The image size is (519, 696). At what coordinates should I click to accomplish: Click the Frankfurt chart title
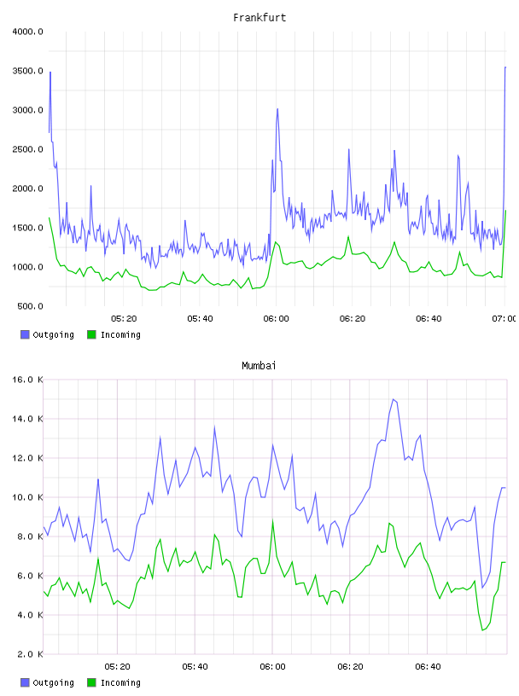[x=259, y=18]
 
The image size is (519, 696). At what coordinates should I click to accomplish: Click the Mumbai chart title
[x=259, y=366]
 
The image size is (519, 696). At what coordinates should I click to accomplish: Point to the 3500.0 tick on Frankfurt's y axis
[x=27, y=71]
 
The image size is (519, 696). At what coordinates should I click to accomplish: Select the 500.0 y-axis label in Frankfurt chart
[x=30, y=306]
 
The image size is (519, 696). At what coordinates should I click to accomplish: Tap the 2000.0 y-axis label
[x=27, y=188]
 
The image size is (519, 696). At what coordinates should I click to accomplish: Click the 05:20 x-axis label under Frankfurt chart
[x=124, y=319]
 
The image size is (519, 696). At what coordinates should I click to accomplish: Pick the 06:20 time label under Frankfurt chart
[x=353, y=319]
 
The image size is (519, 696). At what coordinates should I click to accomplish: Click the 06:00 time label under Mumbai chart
[x=273, y=667]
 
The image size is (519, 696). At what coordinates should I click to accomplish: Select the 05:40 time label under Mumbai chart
[x=195, y=667]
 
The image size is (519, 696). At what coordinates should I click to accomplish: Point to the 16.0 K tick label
[x=27, y=380]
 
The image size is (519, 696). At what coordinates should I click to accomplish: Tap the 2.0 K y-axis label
[x=30, y=654]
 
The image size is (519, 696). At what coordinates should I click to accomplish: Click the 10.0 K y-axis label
[x=27, y=497]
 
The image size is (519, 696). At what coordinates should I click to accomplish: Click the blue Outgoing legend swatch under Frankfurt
[x=25, y=334]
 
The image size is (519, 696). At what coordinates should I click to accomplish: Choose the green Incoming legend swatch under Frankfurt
[x=91, y=334]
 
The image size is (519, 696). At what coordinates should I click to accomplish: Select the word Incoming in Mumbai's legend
[x=120, y=683]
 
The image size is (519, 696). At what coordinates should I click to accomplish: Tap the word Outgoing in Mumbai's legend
[x=53, y=683]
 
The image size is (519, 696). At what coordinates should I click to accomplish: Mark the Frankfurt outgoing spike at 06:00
[x=277, y=109]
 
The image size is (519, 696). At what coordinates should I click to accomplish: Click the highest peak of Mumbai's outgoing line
[x=394, y=399]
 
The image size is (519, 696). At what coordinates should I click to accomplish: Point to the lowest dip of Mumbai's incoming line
[x=482, y=629]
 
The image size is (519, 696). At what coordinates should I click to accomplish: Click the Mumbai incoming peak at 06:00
[x=273, y=520]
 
